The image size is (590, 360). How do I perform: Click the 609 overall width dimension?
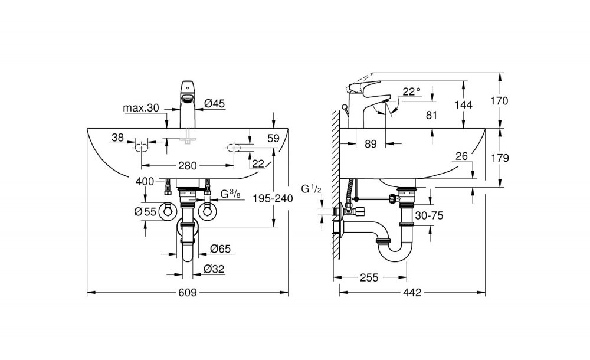coord(187,293)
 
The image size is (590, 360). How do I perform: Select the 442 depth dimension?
coord(412,293)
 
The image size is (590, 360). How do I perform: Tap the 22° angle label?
coord(411,91)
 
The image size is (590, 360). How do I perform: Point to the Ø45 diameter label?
coord(215,103)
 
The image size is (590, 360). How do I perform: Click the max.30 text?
coord(141,108)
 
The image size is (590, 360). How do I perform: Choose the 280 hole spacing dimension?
coord(188,165)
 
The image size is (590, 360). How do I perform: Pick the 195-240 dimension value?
coord(273,198)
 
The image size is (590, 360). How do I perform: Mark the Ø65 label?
coord(221,248)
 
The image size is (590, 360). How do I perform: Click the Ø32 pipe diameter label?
coord(214,269)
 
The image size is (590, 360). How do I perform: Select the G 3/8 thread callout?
coord(230,194)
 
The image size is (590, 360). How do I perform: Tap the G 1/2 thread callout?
coord(311,189)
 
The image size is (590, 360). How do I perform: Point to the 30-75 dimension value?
coord(430,215)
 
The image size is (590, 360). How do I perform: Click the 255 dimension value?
coord(369,277)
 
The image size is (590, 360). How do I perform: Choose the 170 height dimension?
coord(500,101)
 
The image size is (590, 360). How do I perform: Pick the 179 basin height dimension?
coord(500,158)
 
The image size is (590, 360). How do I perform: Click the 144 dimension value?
coord(463,104)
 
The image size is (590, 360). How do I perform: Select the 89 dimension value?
coord(371,144)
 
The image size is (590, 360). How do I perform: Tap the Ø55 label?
coord(145,212)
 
